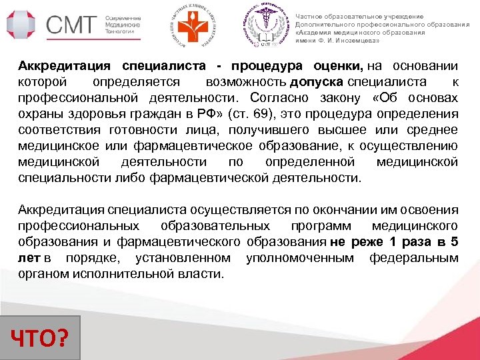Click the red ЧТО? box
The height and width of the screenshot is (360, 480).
[41, 333]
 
